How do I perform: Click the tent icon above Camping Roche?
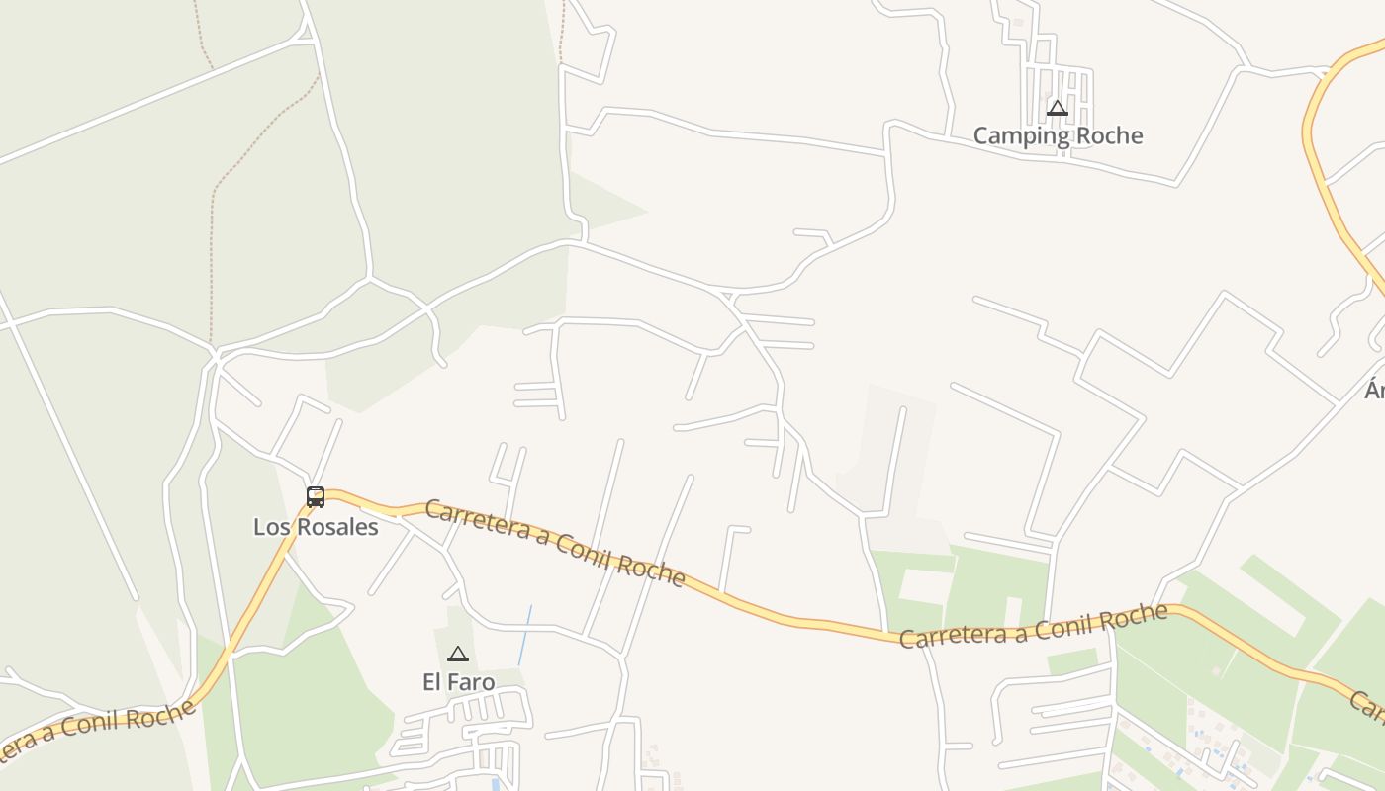click(x=1058, y=108)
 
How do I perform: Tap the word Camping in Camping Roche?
click(x=1015, y=136)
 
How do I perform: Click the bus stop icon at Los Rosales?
click(x=316, y=497)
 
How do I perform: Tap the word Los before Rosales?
click(x=270, y=527)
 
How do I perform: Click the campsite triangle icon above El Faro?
click(x=457, y=654)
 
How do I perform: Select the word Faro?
click(x=471, y=682)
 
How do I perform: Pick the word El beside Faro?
click(x=432, y=682)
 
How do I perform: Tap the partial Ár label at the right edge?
click(x=1374, y=391)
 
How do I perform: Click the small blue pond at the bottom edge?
click(x=496, y=785)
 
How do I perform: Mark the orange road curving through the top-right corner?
click(x=1321, y=168)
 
